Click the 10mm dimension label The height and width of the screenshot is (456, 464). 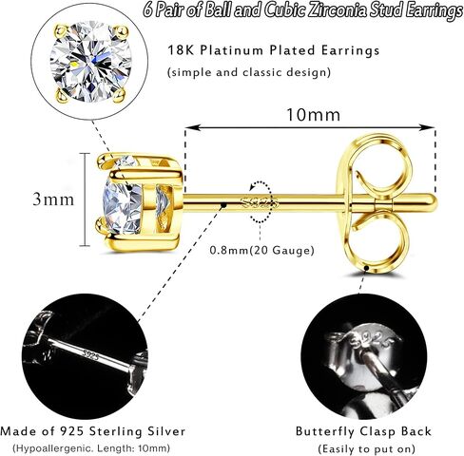pos(313,115)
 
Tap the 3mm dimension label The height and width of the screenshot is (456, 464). pos(53,199)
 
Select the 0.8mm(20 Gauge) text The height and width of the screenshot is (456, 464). pos(261,251)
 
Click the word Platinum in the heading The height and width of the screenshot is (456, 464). pos(234,50)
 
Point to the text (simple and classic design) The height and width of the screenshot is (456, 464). pos(249,72)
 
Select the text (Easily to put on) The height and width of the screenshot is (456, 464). pos(366,448)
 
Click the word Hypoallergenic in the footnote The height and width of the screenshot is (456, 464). pos(53,448)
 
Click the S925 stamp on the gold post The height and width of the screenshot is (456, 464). pos(260,202)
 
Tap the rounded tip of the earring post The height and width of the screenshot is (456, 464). pos(434,201)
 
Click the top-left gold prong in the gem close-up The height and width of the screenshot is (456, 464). pos(61,30)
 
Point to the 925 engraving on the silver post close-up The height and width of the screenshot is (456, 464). pos(90,354)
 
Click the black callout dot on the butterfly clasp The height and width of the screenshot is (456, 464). pos(367,268)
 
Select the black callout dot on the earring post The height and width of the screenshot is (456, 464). pos(223,205)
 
